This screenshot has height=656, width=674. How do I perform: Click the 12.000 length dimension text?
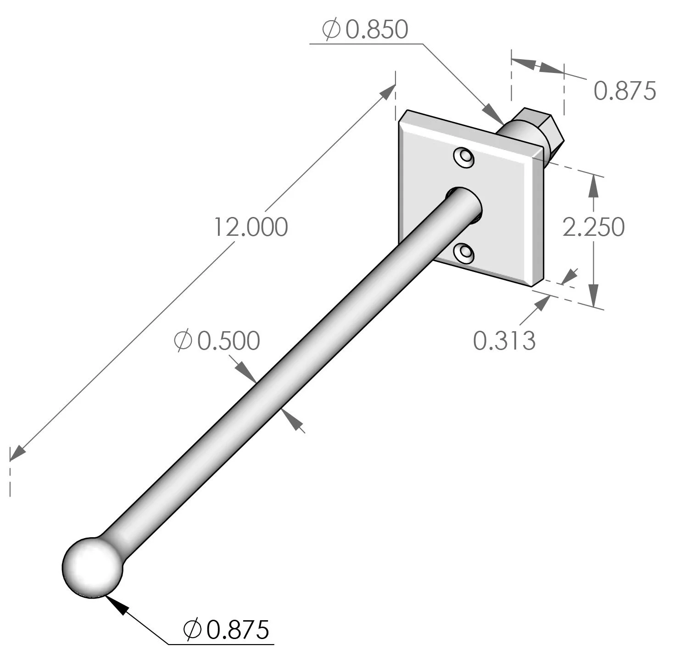click(251, 227)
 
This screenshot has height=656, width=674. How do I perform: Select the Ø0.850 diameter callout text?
click(365, 30)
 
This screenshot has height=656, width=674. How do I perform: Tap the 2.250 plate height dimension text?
click(593, 227)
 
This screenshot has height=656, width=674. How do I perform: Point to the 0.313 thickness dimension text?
click(504, 341)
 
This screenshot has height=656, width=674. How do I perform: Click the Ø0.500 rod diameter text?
click(217, 341)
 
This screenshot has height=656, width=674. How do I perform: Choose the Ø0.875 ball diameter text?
click(226, 630)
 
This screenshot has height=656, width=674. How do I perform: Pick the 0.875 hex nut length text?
click(624, 91)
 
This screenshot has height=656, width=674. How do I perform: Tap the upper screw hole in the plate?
click(464, 158)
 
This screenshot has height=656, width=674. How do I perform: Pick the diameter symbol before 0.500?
click(183, 341)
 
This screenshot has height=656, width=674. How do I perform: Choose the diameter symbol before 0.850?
click(331, 30)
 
